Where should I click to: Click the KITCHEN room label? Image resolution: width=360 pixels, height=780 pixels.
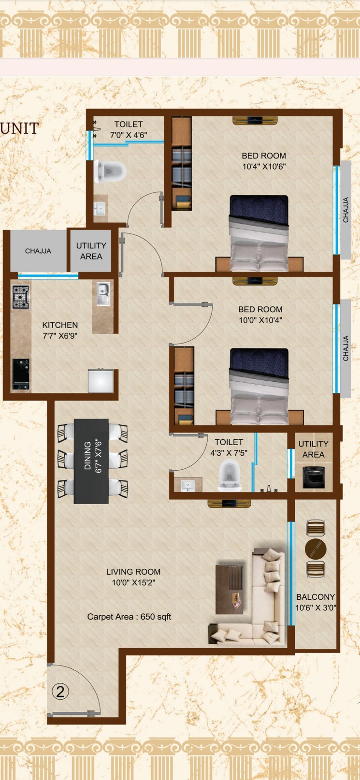tap(60, 325)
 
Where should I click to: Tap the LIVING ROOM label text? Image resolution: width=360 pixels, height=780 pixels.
tap(133, 572)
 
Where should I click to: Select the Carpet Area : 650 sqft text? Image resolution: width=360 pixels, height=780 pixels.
tap(129, 617)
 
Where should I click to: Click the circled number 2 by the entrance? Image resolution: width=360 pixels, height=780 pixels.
tap(60, 692)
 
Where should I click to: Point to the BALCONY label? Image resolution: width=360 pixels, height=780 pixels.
tap(316, 597)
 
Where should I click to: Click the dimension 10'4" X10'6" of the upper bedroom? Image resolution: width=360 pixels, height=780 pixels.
tap(264, 167)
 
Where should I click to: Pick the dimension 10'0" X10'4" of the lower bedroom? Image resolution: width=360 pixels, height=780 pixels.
tap(260, 320)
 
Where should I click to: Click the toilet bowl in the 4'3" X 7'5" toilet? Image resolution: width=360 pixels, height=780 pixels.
tap(230, 475)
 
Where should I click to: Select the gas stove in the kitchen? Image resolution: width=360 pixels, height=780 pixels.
tap(21, 297)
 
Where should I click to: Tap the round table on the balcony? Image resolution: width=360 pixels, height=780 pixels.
tap(316, 549)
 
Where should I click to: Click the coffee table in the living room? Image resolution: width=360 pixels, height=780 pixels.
tap(229, 589)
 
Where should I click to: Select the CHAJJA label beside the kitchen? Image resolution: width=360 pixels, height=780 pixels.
tap(38, 251)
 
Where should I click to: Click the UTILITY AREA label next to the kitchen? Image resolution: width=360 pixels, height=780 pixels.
tap(91, 251)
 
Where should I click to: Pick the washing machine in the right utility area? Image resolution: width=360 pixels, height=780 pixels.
tap(314, 477)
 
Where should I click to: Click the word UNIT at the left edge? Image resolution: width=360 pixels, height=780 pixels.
tap(19, 128)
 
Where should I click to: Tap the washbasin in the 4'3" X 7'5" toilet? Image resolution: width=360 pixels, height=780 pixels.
tap(188, 485)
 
